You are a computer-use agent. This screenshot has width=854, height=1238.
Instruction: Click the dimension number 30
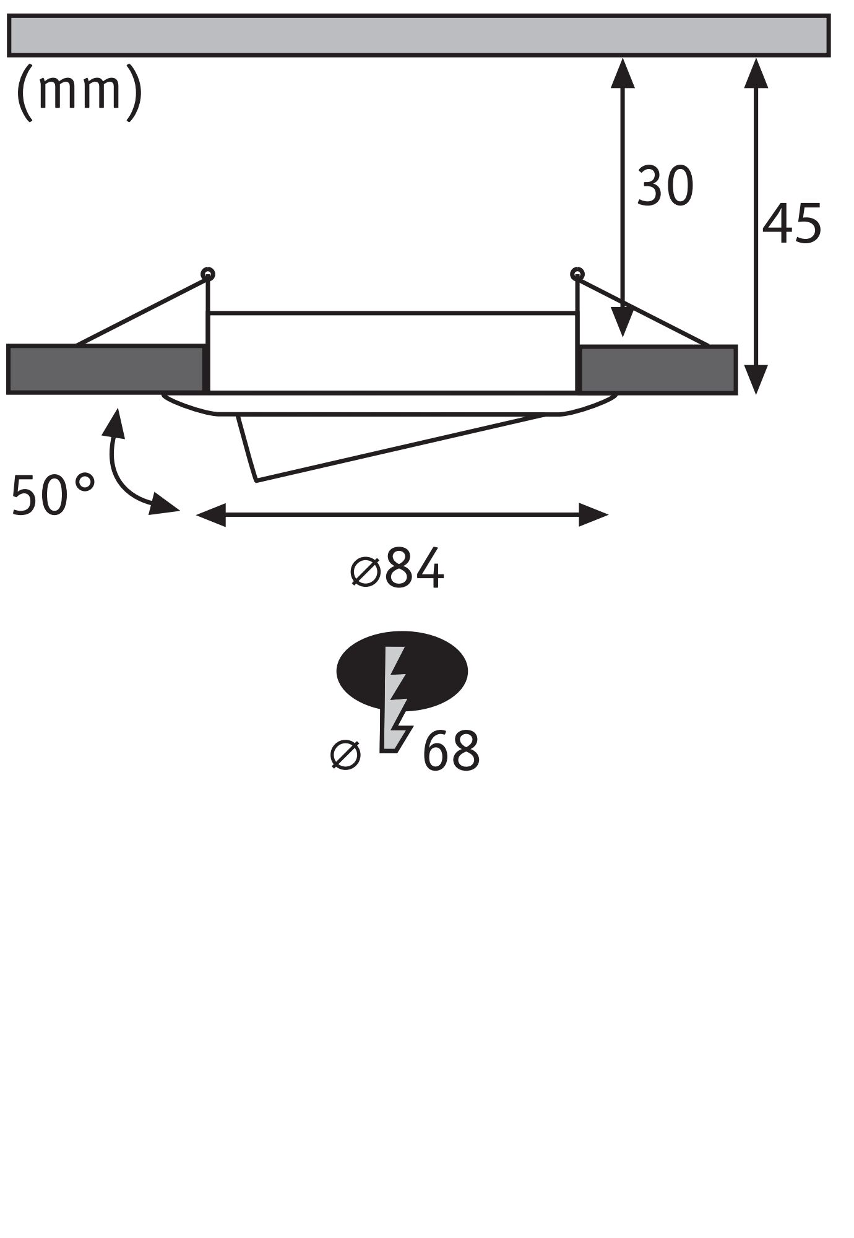665,186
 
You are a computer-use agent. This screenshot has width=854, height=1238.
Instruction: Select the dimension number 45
791,223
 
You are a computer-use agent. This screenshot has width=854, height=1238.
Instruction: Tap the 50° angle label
53,495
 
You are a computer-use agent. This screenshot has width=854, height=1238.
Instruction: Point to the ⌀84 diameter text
398,568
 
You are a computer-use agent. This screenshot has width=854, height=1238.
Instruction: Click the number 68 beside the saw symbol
451,751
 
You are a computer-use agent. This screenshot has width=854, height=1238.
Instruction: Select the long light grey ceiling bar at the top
418,35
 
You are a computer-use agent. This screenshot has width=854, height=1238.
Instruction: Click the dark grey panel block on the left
105,370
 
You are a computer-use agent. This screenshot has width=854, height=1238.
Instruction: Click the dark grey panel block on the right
658,370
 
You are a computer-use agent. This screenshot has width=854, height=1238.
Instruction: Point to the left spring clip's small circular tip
208,273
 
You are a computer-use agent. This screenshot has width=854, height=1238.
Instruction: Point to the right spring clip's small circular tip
577,273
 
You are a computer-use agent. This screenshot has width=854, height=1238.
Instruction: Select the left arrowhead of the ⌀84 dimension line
210,514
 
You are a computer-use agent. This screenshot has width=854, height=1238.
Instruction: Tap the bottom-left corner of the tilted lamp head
256,480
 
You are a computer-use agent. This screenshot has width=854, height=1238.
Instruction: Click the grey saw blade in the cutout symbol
394,699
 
